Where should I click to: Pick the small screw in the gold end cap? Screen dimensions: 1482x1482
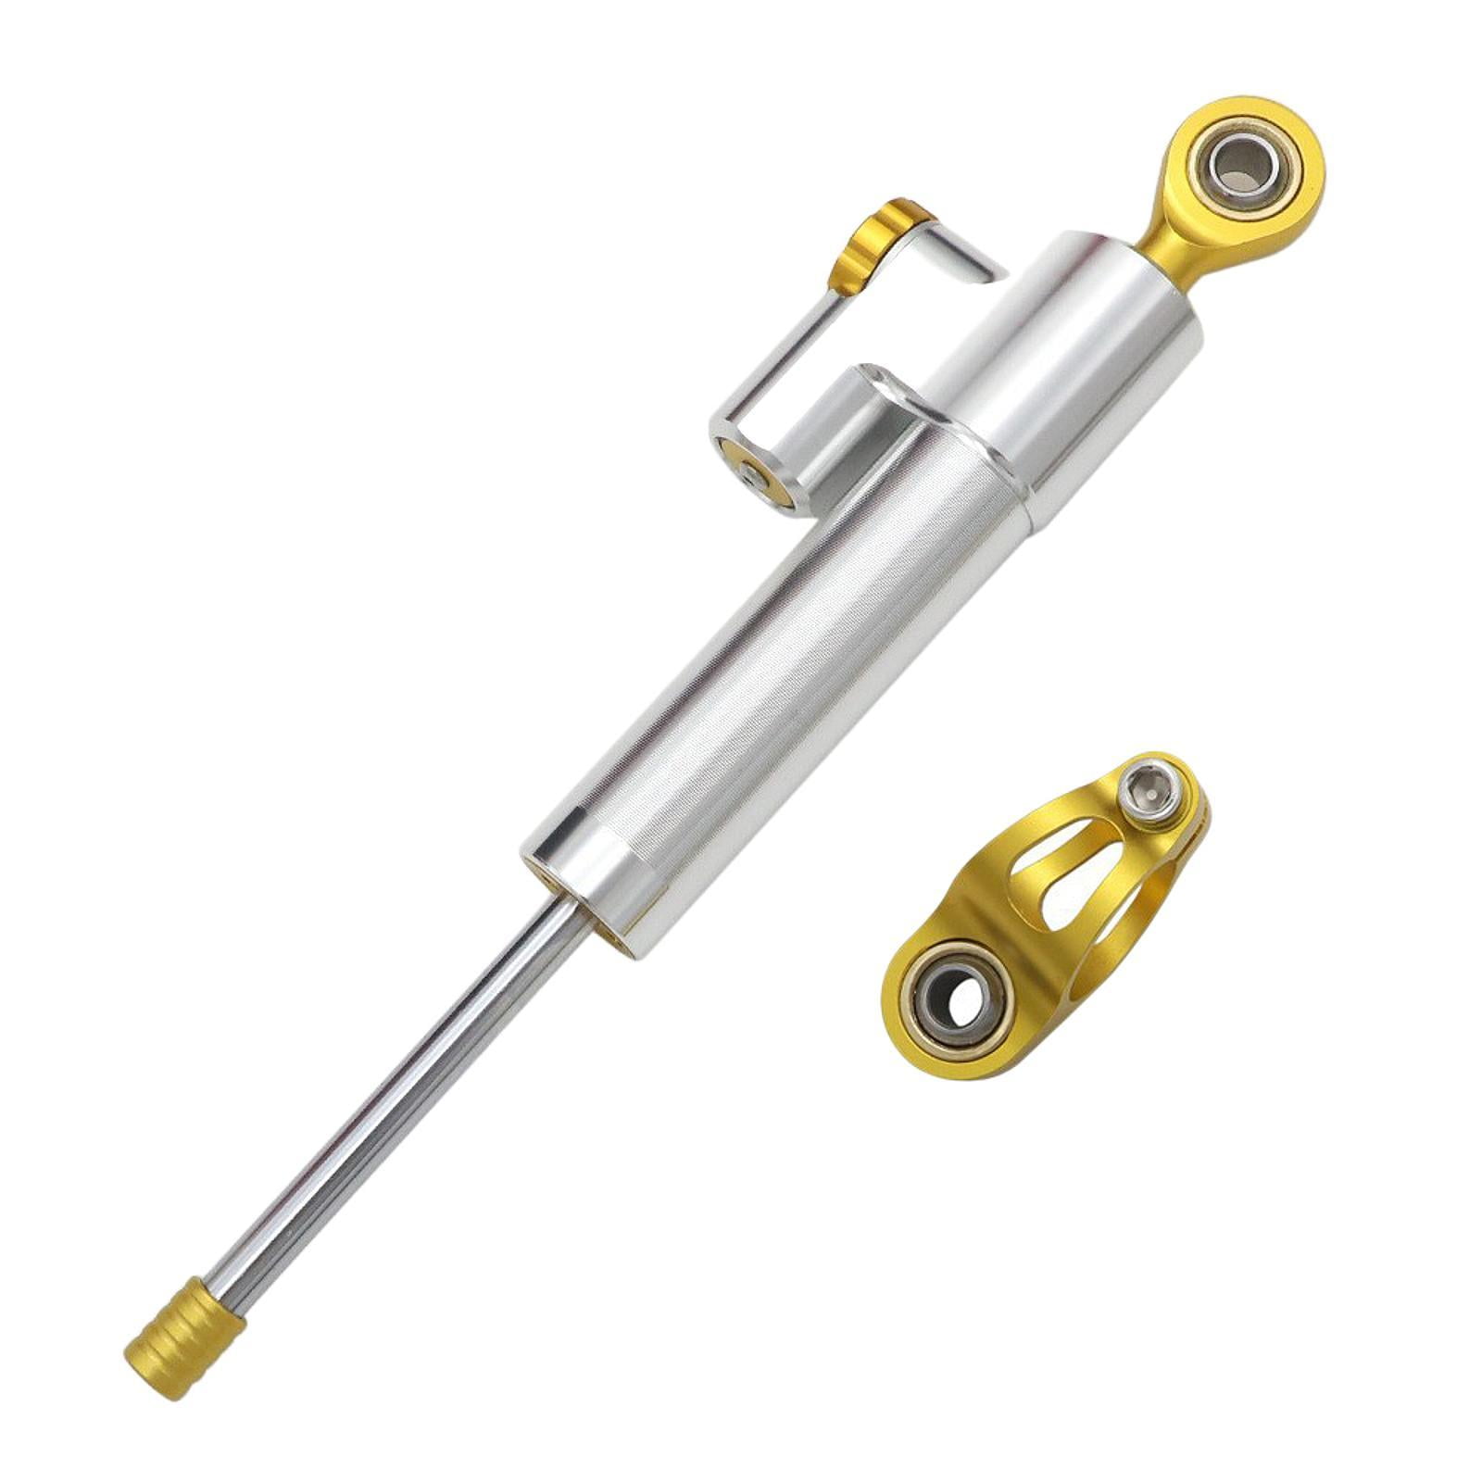(x=750, y=475)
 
